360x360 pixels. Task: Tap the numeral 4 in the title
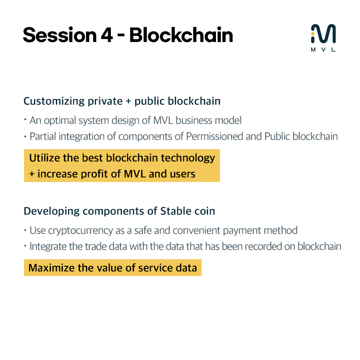(x=106, y=35)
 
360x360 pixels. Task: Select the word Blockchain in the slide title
(x=181, y=35)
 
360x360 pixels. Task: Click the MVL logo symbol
(x=323, y=34)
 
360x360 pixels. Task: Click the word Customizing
(x=54, y=101)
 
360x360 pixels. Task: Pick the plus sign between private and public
(x=128, y=102)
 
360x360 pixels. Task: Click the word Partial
(x=41, y=136)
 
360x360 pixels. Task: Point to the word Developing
(x=50, y=211)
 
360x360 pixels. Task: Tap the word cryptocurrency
(x=78, y=231)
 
